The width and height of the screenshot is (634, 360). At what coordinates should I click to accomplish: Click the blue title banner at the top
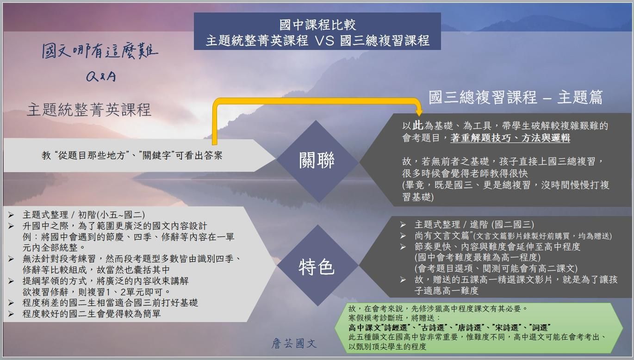[317, 31]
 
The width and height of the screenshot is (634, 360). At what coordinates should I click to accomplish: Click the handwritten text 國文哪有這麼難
[100, 51]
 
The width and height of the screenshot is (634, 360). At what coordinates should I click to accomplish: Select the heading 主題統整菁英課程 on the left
[89, 110]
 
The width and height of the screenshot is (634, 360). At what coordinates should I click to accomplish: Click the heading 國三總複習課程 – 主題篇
[516, 98]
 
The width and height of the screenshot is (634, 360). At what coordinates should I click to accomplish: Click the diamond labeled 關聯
[317, 161]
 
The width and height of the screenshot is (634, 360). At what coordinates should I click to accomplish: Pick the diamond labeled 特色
[317, 267]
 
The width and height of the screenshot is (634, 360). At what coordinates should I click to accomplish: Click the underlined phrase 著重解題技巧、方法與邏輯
[510, 138]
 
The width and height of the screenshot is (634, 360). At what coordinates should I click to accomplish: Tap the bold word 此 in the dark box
[418, 126]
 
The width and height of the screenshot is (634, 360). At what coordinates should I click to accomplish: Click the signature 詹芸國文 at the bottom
[294, 344]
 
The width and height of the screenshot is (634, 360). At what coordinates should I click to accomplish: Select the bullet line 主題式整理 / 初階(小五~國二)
[83, 215]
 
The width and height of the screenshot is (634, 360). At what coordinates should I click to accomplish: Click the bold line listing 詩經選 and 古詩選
[449, 328]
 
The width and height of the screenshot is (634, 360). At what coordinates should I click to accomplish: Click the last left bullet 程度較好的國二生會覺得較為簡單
[92, 314]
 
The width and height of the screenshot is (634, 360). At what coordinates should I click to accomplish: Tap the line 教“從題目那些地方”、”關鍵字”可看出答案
[132, 155]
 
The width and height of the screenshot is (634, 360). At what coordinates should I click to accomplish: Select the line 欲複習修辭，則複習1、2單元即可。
[97, 292]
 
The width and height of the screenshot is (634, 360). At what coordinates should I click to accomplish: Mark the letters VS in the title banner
[323, 40]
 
